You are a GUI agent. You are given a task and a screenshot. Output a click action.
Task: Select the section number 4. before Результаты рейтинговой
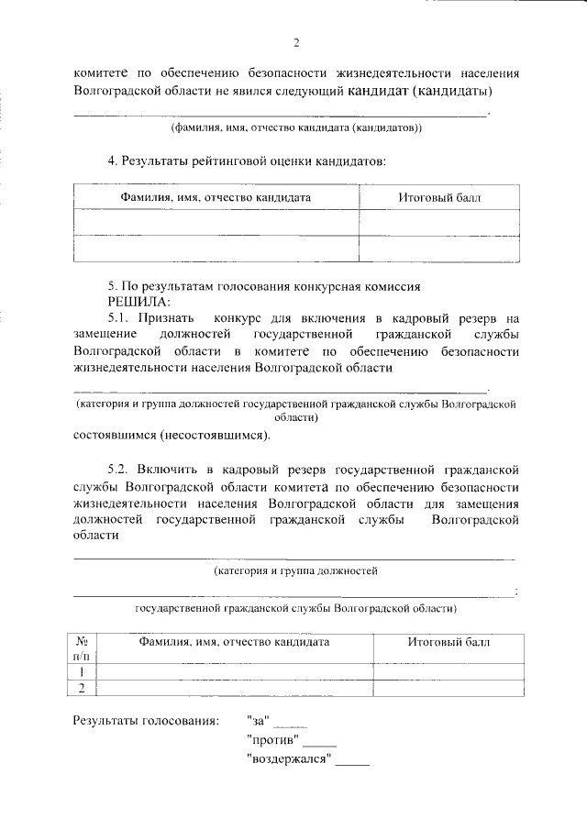pos(114,161)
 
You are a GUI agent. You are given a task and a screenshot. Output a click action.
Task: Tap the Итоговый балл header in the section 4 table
pos(440,197)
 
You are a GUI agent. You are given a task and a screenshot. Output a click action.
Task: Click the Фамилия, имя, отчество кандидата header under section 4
pos(216,197)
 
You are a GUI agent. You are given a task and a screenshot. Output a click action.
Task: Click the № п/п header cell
pos(82,648)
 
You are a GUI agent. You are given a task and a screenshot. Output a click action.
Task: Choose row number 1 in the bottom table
pos(82,671)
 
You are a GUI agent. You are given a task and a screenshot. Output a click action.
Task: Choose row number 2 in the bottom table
pos(82,688)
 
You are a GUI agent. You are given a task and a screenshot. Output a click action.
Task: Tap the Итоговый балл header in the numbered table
pos(449,642)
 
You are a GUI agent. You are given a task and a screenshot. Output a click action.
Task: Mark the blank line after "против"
pos(319,744)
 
